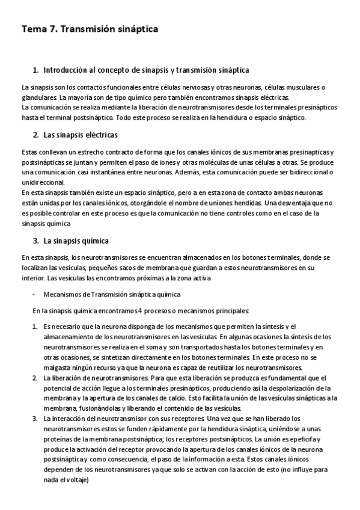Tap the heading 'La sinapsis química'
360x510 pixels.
point(76,241)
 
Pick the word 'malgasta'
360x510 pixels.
point(58,367)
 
